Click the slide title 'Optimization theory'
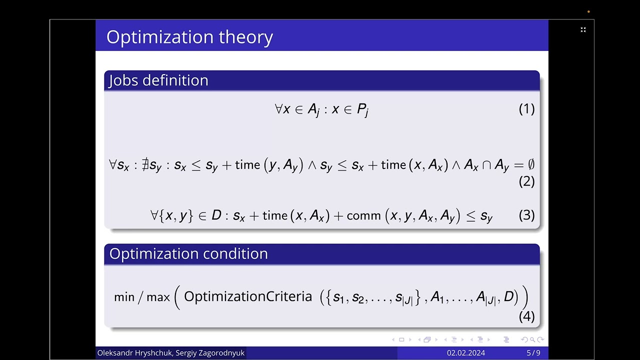(x=189, y=37)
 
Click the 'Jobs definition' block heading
(x=158, y=80)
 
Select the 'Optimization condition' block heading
(x=188, y=253)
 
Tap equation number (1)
(x=526, y=109)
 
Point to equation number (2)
(x=526, y=181)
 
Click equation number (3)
(x=526, y=215)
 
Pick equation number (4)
(x=526, y=316)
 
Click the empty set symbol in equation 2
(x=530, y=164)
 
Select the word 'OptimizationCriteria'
(x=248, y=296)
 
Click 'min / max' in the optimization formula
(x=142, y=297)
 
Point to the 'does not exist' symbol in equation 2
(x=145, y=164)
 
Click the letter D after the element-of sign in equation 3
(x=216, y=215)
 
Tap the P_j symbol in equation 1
(x=362, y=110)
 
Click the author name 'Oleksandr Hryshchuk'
(x=132, y=353)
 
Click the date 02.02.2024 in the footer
(x=465, y=353)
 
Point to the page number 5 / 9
(x=533, y=353)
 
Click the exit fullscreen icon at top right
(x=583, y=30)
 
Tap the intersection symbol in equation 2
(x=486, y=165)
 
